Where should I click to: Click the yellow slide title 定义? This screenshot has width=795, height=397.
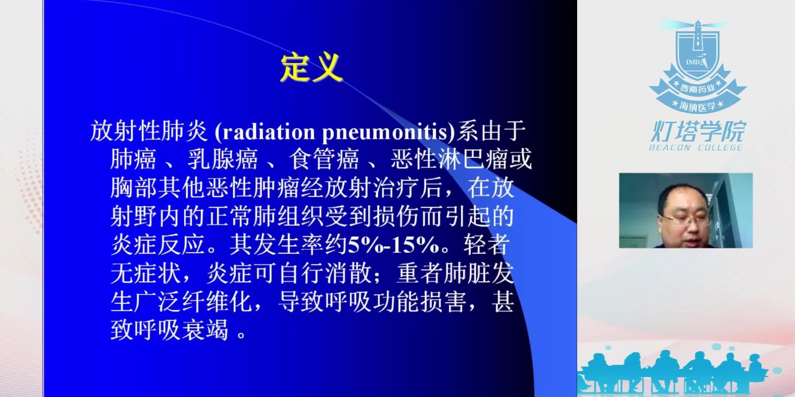311,68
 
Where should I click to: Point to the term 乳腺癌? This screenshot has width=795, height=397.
222,160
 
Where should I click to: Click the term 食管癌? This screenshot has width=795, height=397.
324,160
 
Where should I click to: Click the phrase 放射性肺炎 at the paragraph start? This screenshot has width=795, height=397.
149,132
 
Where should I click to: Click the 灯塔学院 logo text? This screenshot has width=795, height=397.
697,132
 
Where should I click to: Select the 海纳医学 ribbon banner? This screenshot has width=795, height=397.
697,106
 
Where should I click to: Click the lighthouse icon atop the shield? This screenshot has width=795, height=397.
697,35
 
